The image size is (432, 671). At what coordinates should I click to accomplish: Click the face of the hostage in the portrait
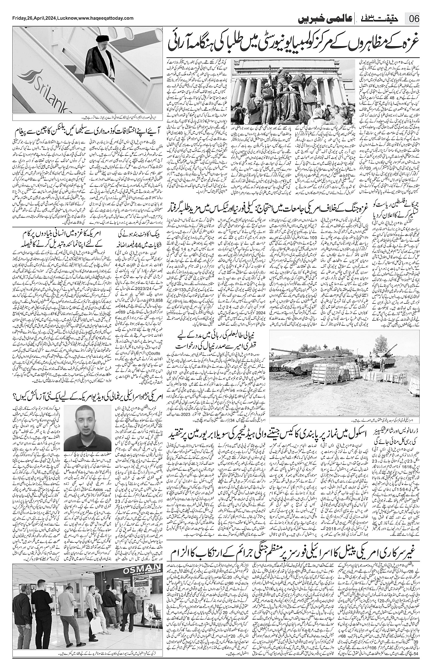[x=86, y=423]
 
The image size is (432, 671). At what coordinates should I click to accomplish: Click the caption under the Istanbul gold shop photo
[x=87, y=663]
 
